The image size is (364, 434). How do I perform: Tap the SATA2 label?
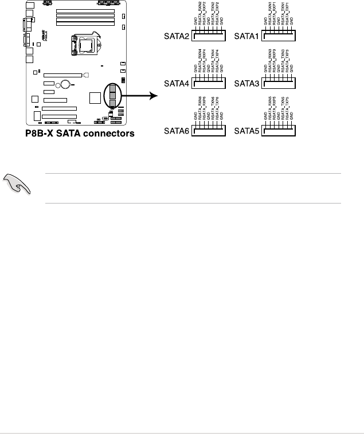176,37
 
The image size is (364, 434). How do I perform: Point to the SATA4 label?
176,84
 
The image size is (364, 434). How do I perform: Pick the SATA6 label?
176,131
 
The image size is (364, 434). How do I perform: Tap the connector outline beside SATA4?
208,83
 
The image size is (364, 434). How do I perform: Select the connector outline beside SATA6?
208,131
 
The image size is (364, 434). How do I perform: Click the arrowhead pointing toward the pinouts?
153,95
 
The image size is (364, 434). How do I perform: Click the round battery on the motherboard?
66,85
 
